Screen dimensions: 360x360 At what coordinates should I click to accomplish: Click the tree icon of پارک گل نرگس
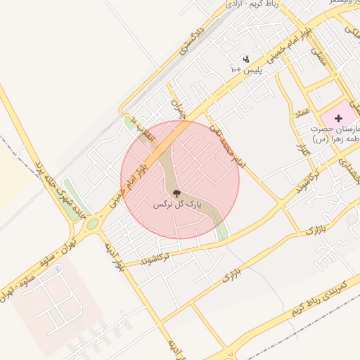[176, 193]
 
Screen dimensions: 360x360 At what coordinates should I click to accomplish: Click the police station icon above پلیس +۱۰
[245, 59]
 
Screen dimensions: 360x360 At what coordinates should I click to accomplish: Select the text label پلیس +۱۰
[245, 70]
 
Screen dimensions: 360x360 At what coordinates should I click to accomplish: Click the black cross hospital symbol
[339, 119]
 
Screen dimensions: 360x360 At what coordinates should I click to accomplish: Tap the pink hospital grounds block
[330, 112]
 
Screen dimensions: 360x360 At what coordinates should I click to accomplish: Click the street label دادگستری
[191, 39]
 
